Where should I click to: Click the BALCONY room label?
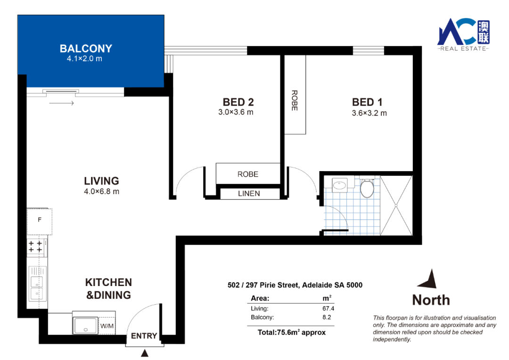pyautogui.click(x=86, y=49)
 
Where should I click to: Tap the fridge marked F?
pyautogui.click(x=39, y=221)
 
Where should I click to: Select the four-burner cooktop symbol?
pyautogui.click(x=35, y=246)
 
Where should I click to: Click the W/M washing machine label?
pyautogui.click(x=107, y=326)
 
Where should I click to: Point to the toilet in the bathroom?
pyautogui.click(x=367, y=188)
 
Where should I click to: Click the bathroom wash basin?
pyautogui.click(x=340, y=185)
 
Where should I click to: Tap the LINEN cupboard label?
pyautogui.click(x=249, y=194)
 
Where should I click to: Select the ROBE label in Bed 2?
pyautogui.click(x=248, y=174)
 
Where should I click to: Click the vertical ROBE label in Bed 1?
pyautogui.click(x=295, y=100)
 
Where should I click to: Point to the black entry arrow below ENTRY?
pyautogui.click(x=145, y=353)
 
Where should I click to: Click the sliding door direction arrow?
pyautogui.click(x=62, y=103)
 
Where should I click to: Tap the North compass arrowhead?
pyautogui.click(x=428, y=279)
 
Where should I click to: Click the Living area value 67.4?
pyautogui.click(x=328, y=308)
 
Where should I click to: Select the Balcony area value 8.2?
pyautogui.click(x=327, y=317)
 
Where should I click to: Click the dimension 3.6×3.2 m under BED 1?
pyautogui.click(x=369, y=113)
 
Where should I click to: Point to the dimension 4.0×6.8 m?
pyautogui.click(x=102, y=191)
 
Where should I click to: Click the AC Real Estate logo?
pyautogui.click(x=464, y=34)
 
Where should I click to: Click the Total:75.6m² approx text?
pyautogui.click(x=292, y=332)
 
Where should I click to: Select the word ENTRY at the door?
pyautogui.click(x=144, y=335)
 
